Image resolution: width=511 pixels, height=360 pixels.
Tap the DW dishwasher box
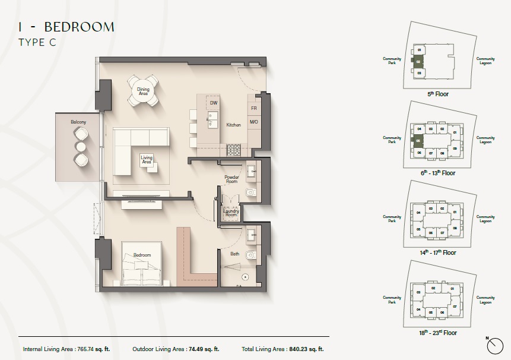(x=214, y=103)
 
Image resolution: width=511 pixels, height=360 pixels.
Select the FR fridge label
(x=253, y=108)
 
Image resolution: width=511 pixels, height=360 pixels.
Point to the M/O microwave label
(x=253, y=122)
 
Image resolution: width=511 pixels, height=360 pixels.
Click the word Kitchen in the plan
(x=233, y=125)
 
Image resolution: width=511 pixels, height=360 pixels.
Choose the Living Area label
(x=147, y=160)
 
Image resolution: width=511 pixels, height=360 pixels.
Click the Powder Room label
(x=231, y=179)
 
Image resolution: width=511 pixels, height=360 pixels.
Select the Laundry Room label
(x=230, y=212)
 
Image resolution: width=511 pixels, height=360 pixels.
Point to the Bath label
(x=235, y=254)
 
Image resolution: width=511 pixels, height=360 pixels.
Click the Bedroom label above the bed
(x=142, y=255)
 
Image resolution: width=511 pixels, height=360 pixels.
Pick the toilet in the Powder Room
(x=249, y=191)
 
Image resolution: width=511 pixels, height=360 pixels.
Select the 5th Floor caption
(x=438, y=94)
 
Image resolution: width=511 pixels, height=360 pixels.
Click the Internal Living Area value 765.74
(x=88, y=349)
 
